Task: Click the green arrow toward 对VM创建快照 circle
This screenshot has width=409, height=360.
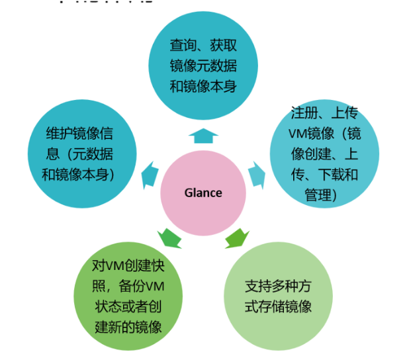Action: click(x=169, y=236)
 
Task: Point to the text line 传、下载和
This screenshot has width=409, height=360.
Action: click(x=325, y=175)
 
